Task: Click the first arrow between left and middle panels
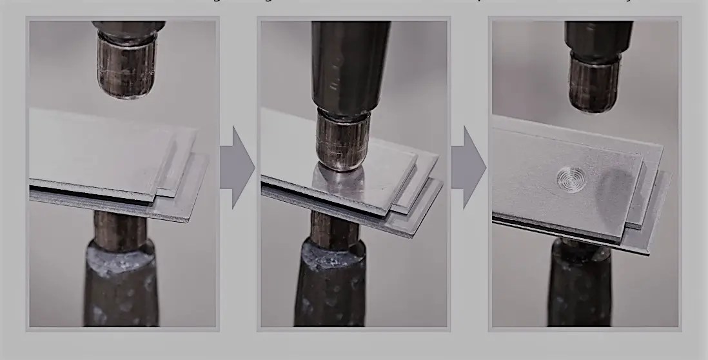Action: [237, 167]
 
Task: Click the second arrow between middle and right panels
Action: [468, 167]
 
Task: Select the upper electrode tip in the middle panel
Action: [342, 142]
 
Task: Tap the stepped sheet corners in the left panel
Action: [187, 181]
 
